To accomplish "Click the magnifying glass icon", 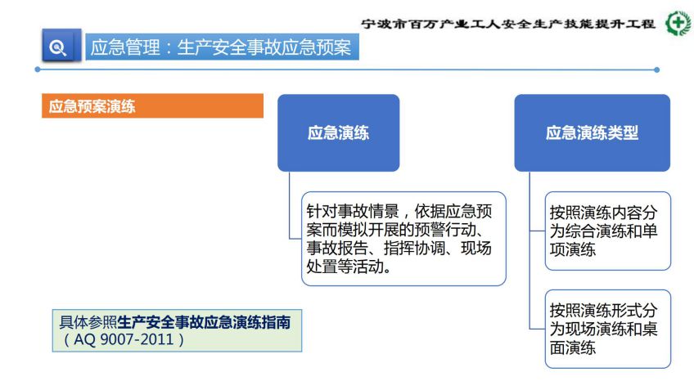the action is coord(57,47).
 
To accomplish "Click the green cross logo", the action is coord(679,23).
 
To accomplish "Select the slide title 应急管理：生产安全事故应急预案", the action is coord(221,47).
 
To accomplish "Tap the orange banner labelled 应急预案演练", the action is coord(152,105).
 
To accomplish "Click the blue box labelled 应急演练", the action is coord(339,132).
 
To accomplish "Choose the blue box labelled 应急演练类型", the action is coord(593,132).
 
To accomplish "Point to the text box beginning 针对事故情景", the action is coord(403,239).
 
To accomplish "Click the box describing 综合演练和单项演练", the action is coord(608,231).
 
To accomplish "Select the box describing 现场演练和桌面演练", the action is coord(608,329).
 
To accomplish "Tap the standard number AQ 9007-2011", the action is coord(124,339).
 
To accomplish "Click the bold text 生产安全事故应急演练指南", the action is coord(204,322).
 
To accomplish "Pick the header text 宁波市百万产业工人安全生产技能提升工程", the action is coord(508,24).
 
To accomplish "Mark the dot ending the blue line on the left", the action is coord(38,69).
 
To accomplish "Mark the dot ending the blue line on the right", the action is coord(657,69).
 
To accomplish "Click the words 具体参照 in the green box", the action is coord(88,322).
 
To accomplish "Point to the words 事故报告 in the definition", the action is coord(337,248).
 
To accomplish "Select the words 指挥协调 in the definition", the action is coord(414,248).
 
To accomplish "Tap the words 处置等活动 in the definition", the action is coord(345,267).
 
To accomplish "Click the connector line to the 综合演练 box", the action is coord(538,231).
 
